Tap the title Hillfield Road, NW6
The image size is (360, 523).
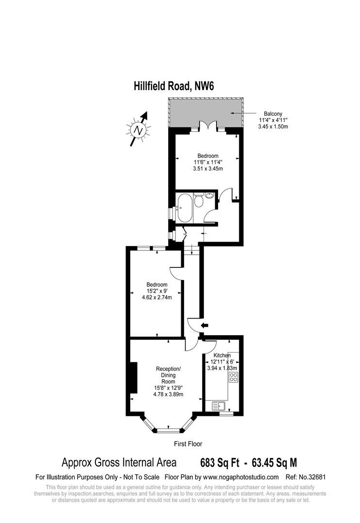(x=173, y=86)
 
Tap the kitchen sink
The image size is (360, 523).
(x=218, y=406)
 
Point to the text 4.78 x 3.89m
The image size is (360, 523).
(x=169, y=394)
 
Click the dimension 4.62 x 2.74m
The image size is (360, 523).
(x=157, y=297)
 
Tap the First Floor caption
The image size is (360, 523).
(x=188, y=444)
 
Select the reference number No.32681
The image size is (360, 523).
(x=314, y=477)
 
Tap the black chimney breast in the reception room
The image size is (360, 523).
(x=132, y=378)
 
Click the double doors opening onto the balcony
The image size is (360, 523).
(x=207, y=127)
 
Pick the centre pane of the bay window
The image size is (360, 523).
(x=168, y=428)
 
